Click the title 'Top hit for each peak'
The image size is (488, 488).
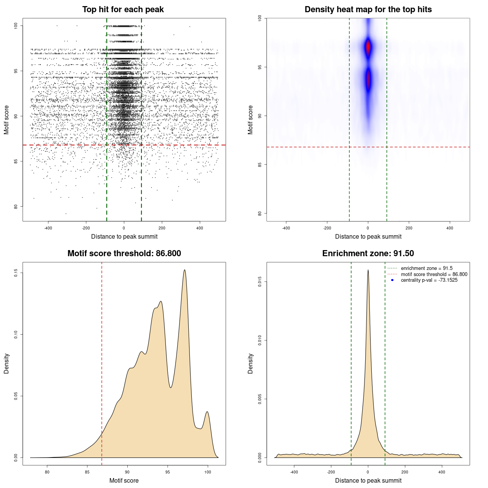pyautogui.click(x=123, y=10)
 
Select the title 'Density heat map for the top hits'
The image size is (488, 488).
pyautogui.click(x=368, y=10)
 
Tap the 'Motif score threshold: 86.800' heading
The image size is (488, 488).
pyautogui.click(x=124, y=254)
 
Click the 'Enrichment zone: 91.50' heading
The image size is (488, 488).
pyautogui.click(x=368, y=254)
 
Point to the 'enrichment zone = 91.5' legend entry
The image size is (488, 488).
pyautogui.click(x=427, y=268)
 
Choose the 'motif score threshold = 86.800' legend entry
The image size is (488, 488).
pyautogui.click(x=434, y=274)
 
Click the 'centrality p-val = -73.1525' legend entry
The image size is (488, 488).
pyautogui.click(x=429, y=280)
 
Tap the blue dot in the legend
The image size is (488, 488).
pyautogui.click(x=392, y=280)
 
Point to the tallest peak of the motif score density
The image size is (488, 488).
pyautogui.click(x=185, y=270)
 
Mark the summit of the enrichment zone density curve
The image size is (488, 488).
pyautogui.click(x=368, y=270)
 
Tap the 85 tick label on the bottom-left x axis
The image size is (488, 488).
pyautogui.click(x=87, y=472)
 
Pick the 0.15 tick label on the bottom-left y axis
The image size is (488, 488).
pyautogui.click(x=16, y=273)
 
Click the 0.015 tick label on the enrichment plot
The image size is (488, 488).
pyautogui.click(x=260, y=282)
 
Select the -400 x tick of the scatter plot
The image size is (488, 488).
pyautogui.click(x=48, y=228)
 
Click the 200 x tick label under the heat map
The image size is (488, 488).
pyautogui.click(x=409, y=228)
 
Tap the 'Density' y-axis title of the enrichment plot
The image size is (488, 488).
pyautogui.click(x=250, y=363)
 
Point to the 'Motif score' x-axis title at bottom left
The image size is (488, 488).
pyautogui.click(x=124, y=480)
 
